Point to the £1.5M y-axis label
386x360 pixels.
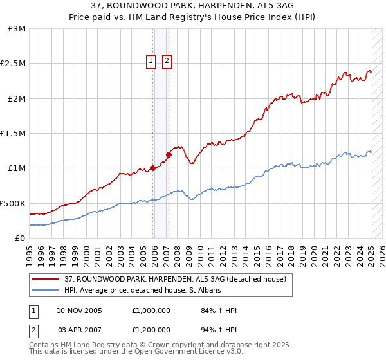point(13,134)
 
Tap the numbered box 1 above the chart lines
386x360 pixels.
point(151,61)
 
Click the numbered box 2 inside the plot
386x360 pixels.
point(167,61)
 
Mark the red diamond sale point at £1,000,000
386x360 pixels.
point(153,168)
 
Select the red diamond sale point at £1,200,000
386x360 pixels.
point(169,154)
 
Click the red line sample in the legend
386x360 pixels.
point(46,279)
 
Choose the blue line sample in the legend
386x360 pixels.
point(46,290)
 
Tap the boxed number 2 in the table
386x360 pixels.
point(32,329)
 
